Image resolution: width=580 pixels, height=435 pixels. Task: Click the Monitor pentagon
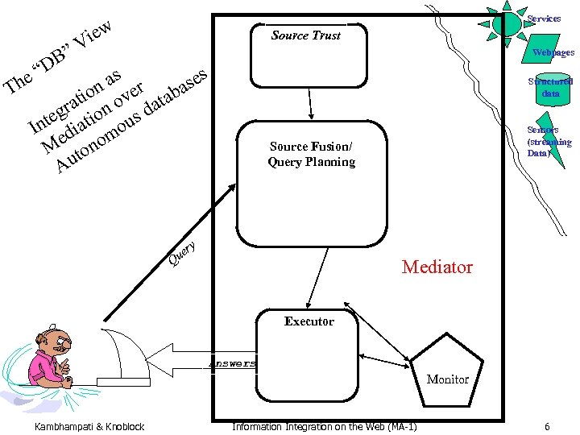[447, 375]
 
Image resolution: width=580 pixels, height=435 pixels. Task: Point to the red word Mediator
[437, 267]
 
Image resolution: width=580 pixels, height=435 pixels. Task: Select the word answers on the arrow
[233, 363]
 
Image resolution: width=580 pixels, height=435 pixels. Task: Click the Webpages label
[553, 53]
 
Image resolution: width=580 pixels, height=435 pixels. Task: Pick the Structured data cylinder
[550, 87]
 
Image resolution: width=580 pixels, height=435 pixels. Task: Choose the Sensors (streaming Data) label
[549, 141]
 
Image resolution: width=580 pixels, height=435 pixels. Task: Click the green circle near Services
[507, 23]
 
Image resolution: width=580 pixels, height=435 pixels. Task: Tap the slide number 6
[547, 426]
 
